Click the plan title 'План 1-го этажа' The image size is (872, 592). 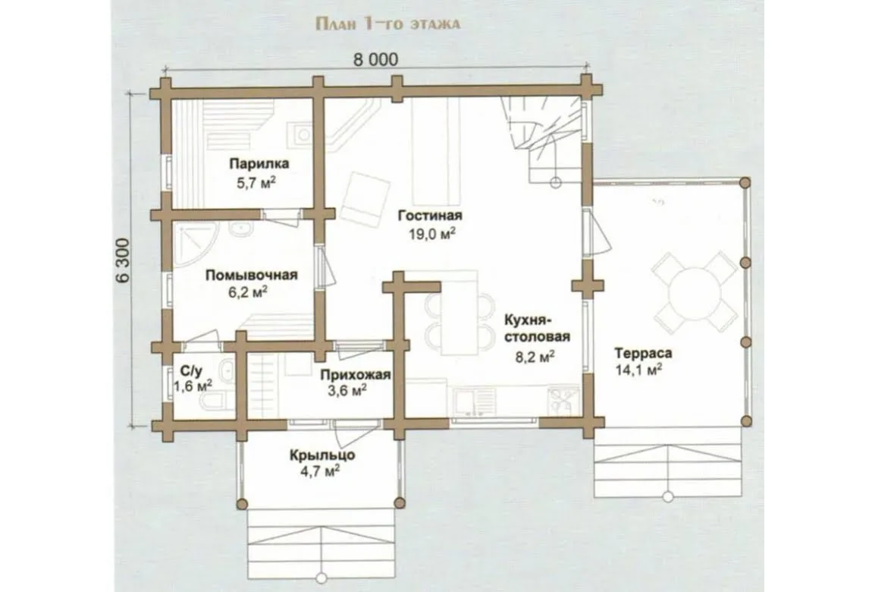pyautogui.click(x=387, y=24)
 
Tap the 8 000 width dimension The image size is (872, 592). pyautogui.click(x=376, y=59)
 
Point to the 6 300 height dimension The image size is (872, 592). pyautogui.click(x=124, y=261)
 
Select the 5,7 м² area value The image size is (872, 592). pyautogui.click(x=257, y=182)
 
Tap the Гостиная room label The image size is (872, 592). pyautogui.click(x=431, y=216)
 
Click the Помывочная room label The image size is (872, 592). pyautogui.click(x=252, y=275)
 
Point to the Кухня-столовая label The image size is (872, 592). pyautogui.click(x=537, y=329)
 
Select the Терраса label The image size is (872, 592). pyautogui.click(x=643, y=353)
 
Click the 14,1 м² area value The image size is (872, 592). pyautogui.click(x=639, y=370)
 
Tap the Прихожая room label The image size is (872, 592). pyautogui.click(x=355, y=375)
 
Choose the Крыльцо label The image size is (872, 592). pyautogui.click(x=322, y=455)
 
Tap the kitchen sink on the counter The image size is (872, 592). pyautogui.click(x=467, y=401)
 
